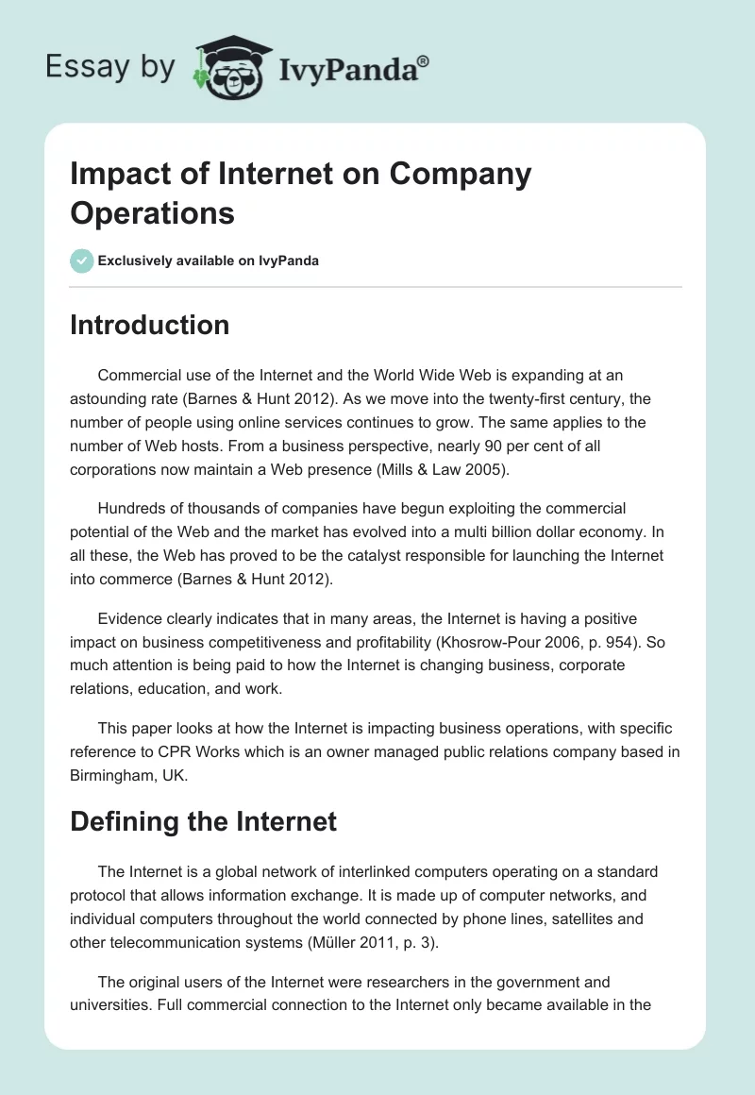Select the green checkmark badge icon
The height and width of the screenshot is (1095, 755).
pyautogui.click(x=82, y=261)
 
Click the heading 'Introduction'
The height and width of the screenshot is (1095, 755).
pyautogui.click(x=150, y=325)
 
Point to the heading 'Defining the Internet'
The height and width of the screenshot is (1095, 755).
pyautogui.click(x=203, y=820)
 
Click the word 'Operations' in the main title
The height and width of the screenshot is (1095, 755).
pyautogui.click(x=152, y=212)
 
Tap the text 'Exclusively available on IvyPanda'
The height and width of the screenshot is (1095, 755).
pyautogui.click(x=209, y=261)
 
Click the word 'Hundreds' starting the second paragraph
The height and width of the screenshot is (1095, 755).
pyautogui.click(x=129, y=509)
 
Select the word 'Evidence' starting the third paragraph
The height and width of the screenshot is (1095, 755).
pyautogui.click(x=127, y=619)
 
